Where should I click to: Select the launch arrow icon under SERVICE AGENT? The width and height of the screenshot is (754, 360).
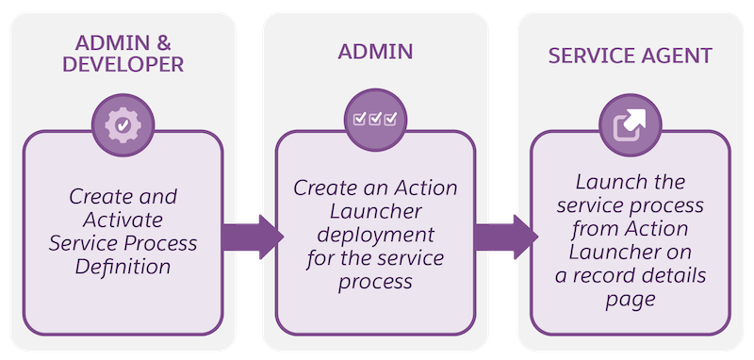(629, 124)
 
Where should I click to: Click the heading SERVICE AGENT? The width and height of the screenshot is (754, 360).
(630, 56)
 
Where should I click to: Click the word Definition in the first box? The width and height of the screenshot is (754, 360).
(123, 267)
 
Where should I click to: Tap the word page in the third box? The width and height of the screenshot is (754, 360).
(629, 299)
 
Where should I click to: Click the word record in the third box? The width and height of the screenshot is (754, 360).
(614, 276)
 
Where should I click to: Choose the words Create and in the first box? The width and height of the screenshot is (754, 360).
(123, 197)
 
